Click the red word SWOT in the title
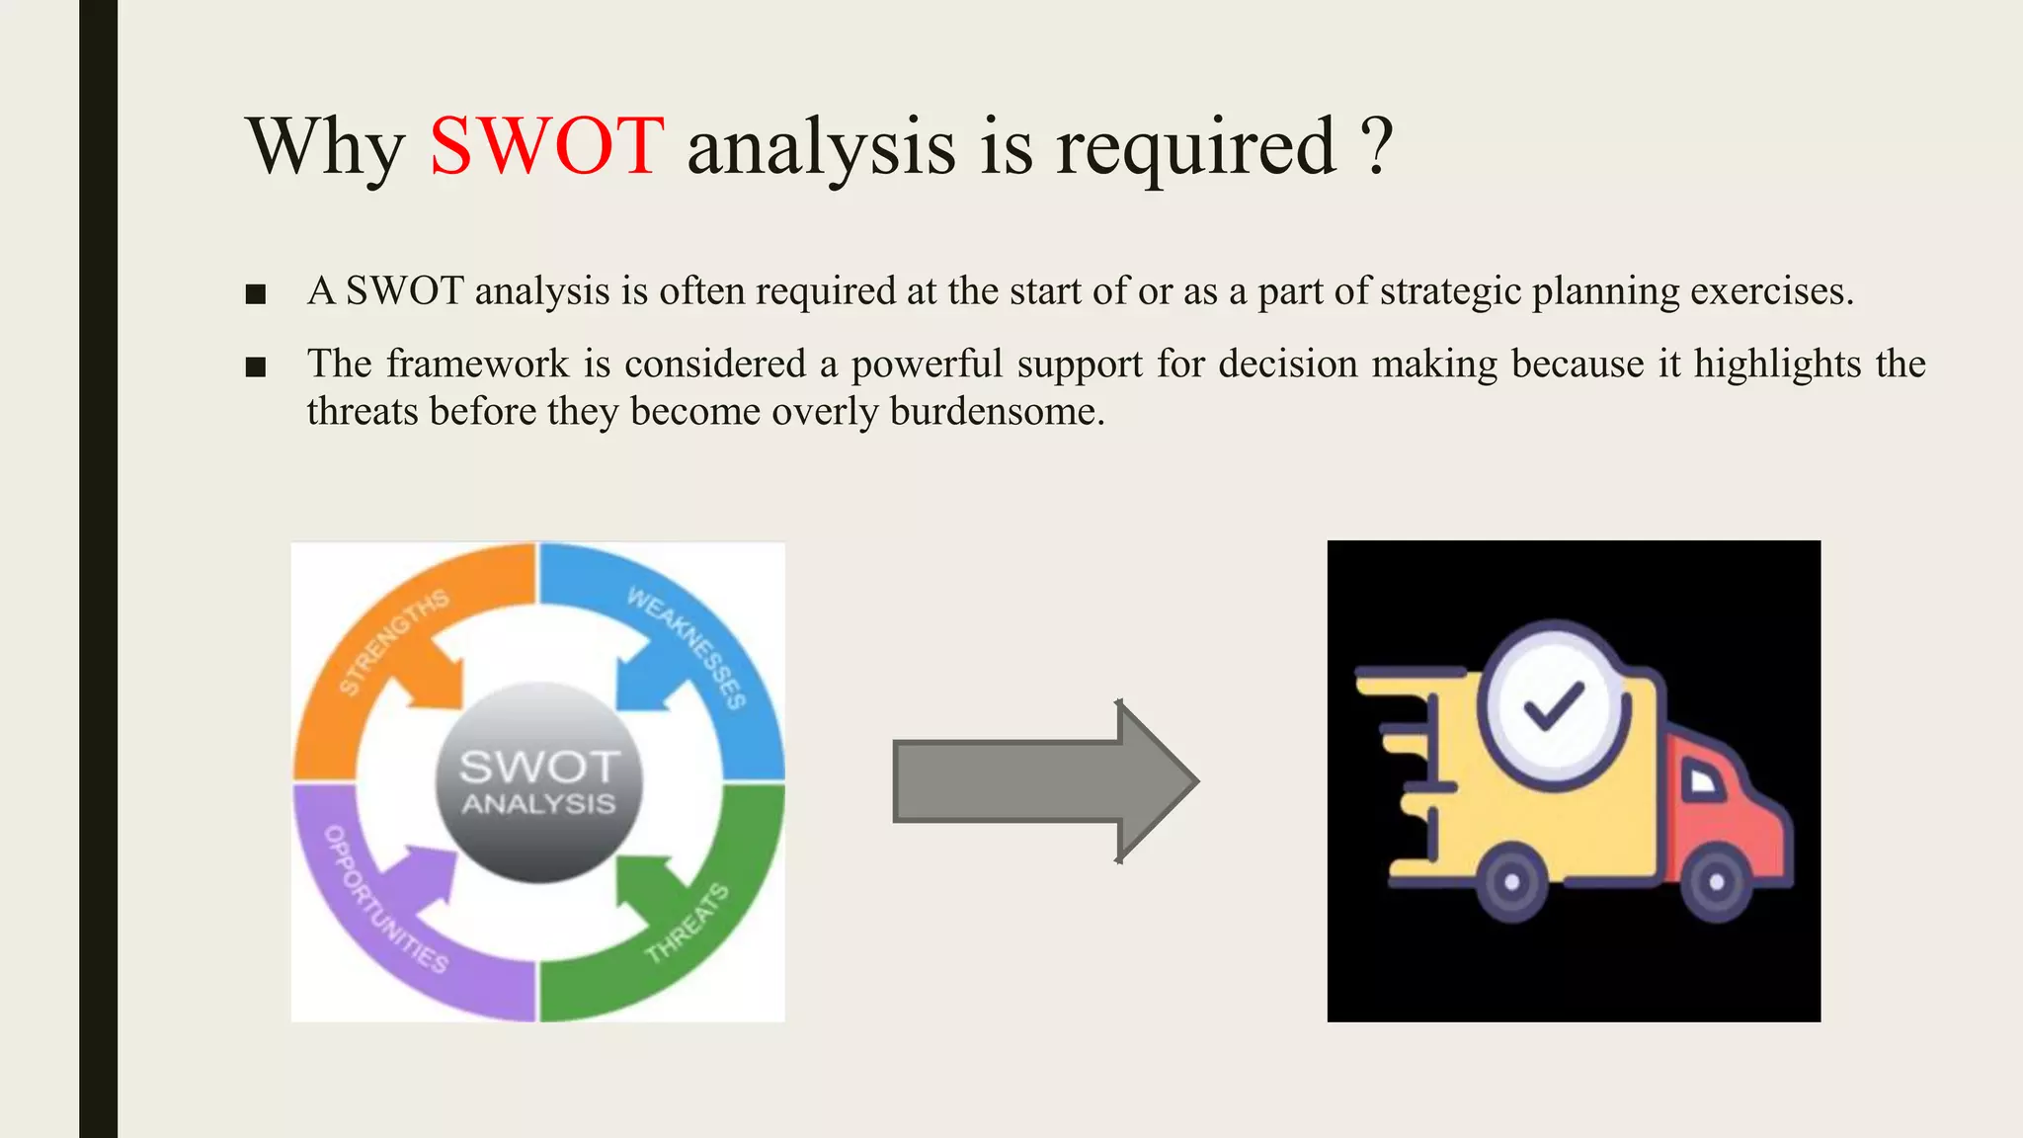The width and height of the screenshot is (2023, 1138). point(546,146)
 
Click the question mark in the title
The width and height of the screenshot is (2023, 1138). point(1377,146)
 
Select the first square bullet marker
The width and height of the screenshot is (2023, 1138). point(256,294)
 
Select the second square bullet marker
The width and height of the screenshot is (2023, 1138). point(256,367)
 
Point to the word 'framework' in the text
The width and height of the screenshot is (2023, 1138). point(477,364)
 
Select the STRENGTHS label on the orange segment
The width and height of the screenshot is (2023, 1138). point(393,642)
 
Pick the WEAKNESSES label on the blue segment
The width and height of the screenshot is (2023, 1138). point(688,647)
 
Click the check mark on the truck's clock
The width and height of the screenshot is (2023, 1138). point(1554,705)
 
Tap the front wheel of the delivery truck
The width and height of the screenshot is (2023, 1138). point(1717,882)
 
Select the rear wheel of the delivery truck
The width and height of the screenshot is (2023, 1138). point(1511,882)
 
